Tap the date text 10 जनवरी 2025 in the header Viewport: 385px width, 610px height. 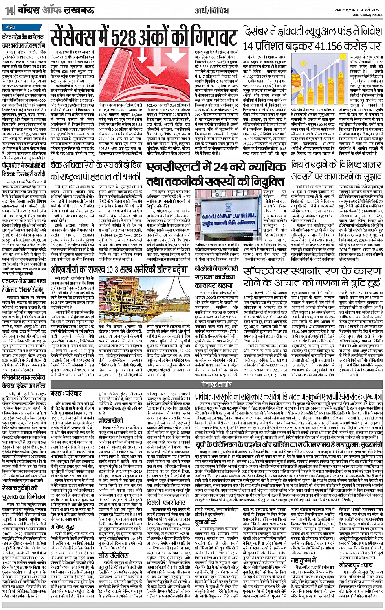coord(365,8)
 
